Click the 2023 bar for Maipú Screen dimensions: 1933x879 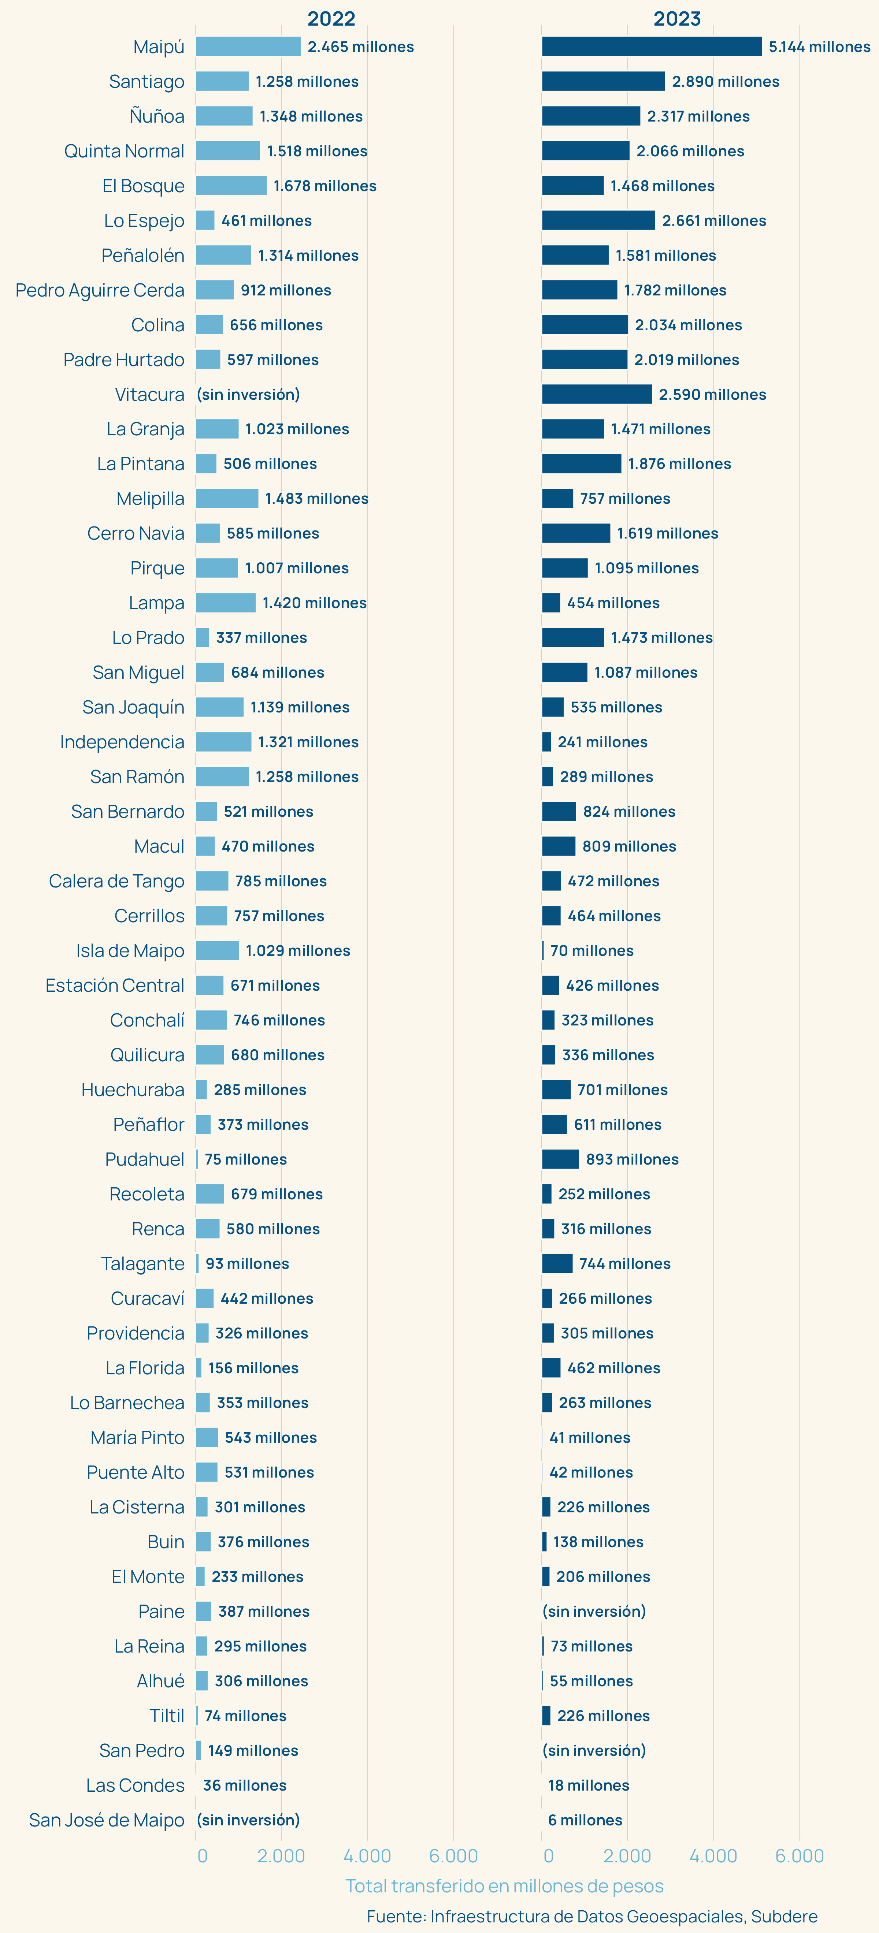[x=652, y=46]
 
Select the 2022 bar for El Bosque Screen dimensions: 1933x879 [x=231, y=185]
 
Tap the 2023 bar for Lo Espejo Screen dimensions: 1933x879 [x=598, y=220]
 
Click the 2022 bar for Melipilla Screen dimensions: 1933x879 [x=227, y=498]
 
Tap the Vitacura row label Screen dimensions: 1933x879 [x=149, y=394]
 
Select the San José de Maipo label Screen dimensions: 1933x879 [x=107, y=1820]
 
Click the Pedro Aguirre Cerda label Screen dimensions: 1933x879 [x=100, y=290]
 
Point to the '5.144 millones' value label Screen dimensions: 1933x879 [x=819, y=46]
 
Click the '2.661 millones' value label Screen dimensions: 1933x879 [x=714, y=220]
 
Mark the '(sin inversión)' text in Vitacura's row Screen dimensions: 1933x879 [x=248, y=394]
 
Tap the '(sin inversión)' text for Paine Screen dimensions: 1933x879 [x=594, y=1611]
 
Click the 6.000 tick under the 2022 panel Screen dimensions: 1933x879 [x=453, y=1856]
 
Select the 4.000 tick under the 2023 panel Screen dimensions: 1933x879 [x=713, y=1856]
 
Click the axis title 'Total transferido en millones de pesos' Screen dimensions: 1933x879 [x=504, y=1886]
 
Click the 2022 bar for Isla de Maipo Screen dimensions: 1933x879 [x=218, y=950]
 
